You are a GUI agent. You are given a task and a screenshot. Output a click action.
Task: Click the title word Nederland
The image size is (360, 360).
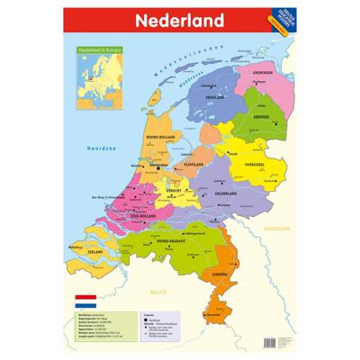click(x=179, y=19)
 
